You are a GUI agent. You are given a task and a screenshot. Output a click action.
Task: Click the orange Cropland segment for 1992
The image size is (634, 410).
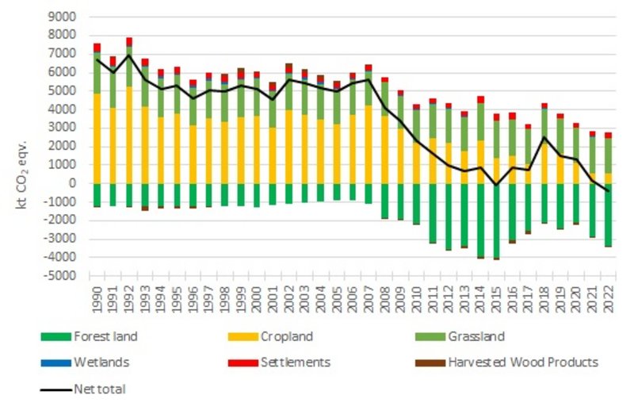tap(129, 135)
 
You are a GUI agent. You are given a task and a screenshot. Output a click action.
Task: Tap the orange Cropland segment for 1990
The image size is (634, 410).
tap(97, 139)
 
